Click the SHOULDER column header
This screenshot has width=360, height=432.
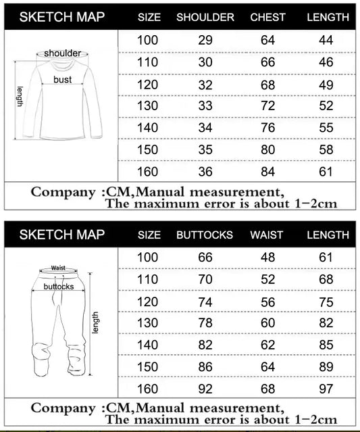(x=205, y=17)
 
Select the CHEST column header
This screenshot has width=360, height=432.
(x=267, y=17)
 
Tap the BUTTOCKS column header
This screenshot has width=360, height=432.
(x=205, y=235)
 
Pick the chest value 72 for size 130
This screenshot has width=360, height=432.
(x=268, y=106)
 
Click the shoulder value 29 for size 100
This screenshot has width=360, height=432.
(x=205, y=40)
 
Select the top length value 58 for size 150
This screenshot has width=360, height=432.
(x=326, y=149)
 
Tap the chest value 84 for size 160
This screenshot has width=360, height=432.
(x=268, y=171)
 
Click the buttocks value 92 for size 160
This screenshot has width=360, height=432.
(x=205, y=388)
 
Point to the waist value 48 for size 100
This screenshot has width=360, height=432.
(x=268, y=258)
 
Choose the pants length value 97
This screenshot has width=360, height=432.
(x=326, y=388)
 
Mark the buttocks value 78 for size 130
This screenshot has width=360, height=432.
(x=205, y=323)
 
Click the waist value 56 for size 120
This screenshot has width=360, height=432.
(x=268, y=302)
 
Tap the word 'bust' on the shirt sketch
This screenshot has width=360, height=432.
(x=63, y=79)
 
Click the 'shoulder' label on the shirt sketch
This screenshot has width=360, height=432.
(x=63, y=53)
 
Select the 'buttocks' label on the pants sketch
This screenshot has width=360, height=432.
(x=59, y=287)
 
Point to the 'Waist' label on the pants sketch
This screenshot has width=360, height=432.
(x=57, y=268)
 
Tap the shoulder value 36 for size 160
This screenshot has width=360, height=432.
(x=205, y=171)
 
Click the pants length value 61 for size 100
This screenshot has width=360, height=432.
(x=326, y=258)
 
